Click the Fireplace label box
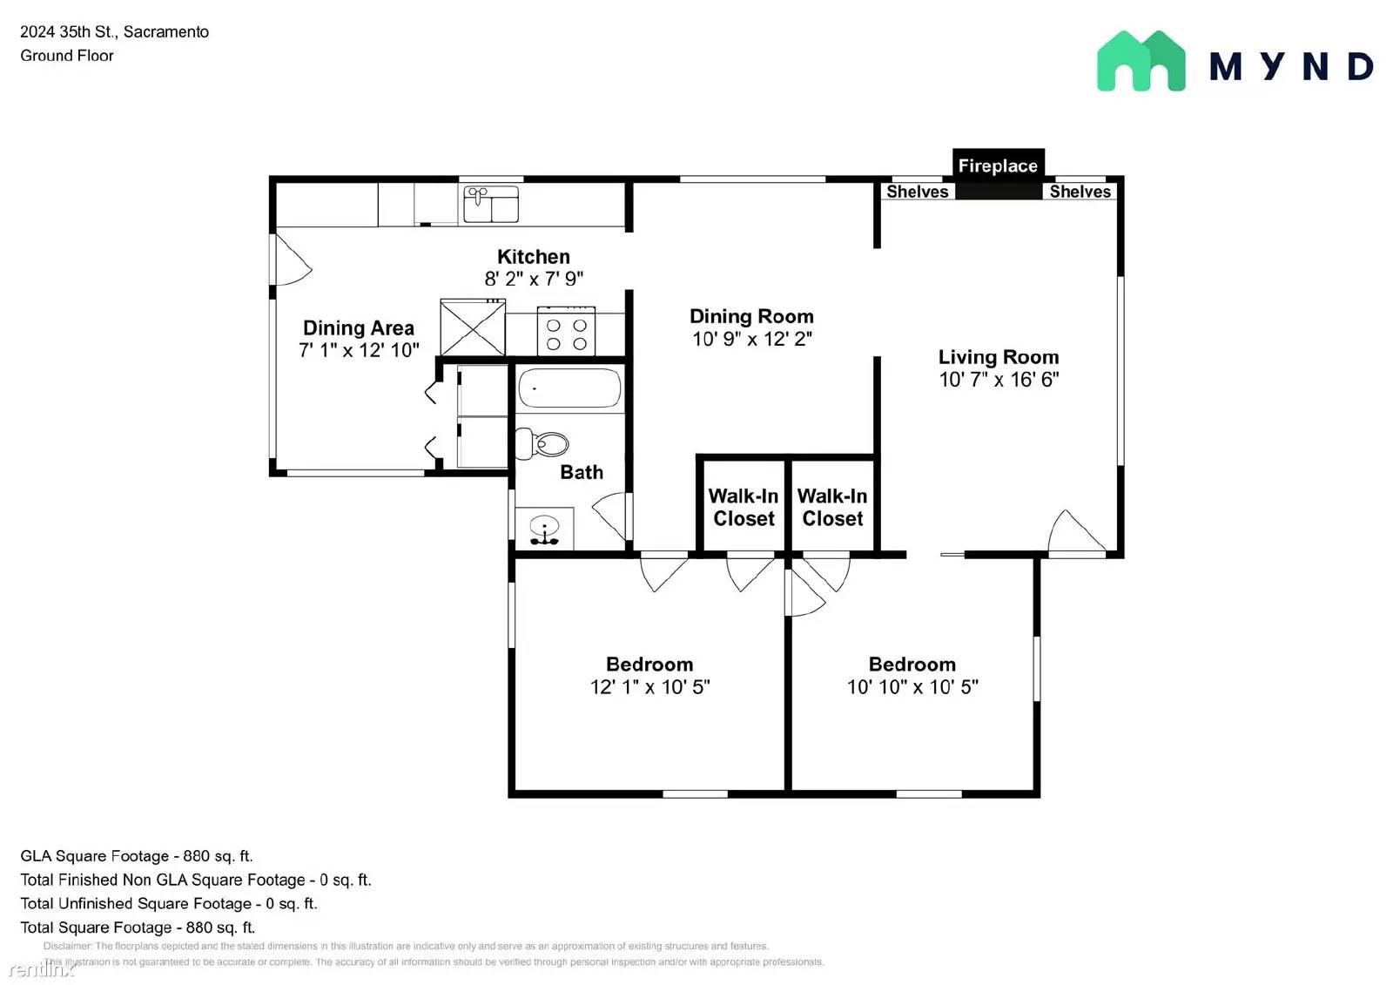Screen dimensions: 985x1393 tap(998, 165)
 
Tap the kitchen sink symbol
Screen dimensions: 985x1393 tap(490, 204)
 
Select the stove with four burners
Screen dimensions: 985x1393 tap(566, 332)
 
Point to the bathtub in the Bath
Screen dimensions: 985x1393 tap(569, 388)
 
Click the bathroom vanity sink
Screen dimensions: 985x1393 tap(545, 528)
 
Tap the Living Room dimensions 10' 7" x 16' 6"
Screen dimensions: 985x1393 tap(999, 380)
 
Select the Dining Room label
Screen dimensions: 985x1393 tap(751, 316)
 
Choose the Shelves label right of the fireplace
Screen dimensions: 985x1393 tap(1080, 192)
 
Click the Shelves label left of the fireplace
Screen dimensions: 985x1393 tap(917, 192)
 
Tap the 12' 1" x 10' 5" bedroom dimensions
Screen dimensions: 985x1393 tap(649, 687)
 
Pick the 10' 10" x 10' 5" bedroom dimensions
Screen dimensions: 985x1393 tap(912, 687)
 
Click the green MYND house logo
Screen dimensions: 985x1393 tap(1141, 62)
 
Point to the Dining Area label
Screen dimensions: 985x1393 tap(358, 328)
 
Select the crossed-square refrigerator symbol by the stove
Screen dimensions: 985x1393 tap(473, 327)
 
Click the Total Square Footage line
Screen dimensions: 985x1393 tap(138, 928)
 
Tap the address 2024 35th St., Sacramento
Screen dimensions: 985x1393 tap(114, 32)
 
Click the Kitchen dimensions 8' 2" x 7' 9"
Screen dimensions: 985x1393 tap(534, 279)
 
